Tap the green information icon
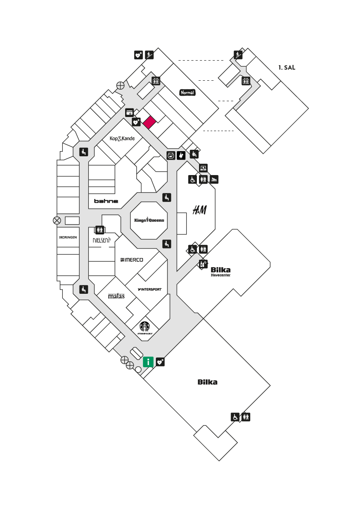148,362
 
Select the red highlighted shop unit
149,122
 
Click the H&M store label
199,210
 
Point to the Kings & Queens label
149,220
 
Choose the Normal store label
187,93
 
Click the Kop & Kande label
122,138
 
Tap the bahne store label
106,201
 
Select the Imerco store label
132,260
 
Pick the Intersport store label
149,289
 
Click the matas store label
116,296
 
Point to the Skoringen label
68,237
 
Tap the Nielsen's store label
102,240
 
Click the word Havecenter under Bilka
221,275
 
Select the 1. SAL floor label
287,67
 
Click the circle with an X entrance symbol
57,221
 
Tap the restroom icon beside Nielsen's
100,230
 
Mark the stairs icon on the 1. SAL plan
238,55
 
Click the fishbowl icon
171,155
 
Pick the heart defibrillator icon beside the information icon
161,362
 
